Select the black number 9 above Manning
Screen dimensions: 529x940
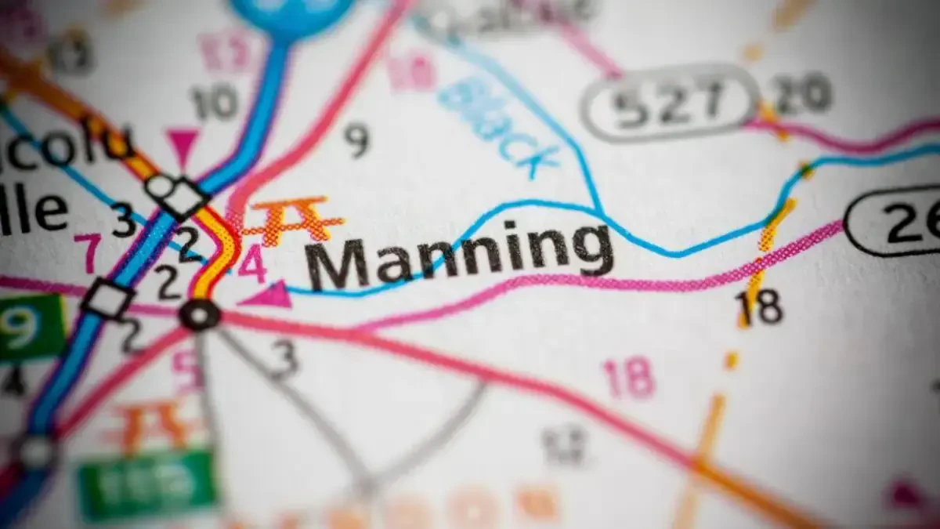coord(356,140)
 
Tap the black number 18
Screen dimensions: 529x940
coord(759,307)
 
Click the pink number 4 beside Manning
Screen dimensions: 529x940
coord(252,265)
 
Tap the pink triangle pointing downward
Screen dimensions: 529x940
coord(183,144)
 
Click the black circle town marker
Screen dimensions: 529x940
coord(200,315)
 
